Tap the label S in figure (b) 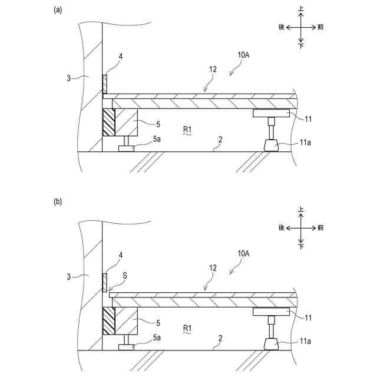[124, 275]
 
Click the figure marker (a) [58, 9]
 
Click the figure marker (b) [58, 201]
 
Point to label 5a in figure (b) [157, 338]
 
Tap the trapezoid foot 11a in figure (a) [272, 144]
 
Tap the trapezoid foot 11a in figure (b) [272, 344]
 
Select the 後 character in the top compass [282, 27]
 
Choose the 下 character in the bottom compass [302, 246]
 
